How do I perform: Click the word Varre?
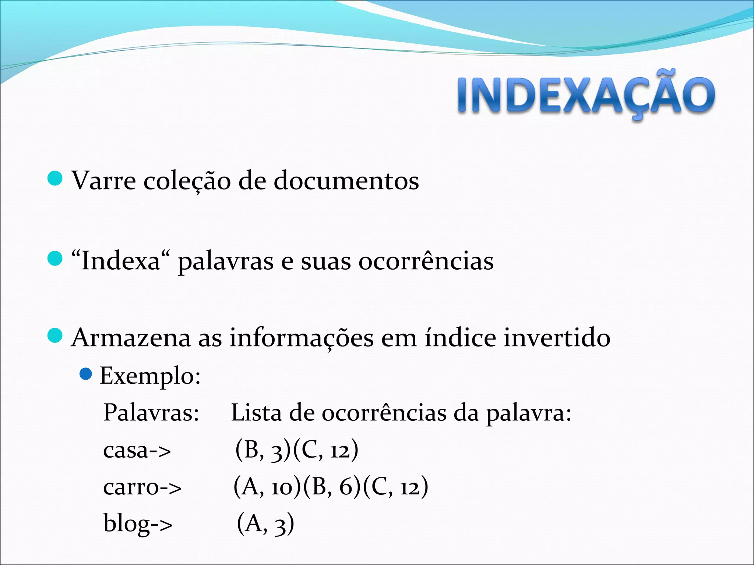point(103,181)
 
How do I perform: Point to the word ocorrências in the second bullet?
point(426,261)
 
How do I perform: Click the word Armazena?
point(131,338)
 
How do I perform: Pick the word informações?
point(302,338)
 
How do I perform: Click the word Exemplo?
point(150,376)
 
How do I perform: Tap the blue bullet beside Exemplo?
point(85,374)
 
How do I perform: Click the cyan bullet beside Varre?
point(55,179)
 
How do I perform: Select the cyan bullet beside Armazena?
point(55,336)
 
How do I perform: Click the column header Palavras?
point(151,413)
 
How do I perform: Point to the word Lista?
point(256,413)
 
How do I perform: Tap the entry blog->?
point(138,523)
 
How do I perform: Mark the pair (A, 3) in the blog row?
point(265,523)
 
